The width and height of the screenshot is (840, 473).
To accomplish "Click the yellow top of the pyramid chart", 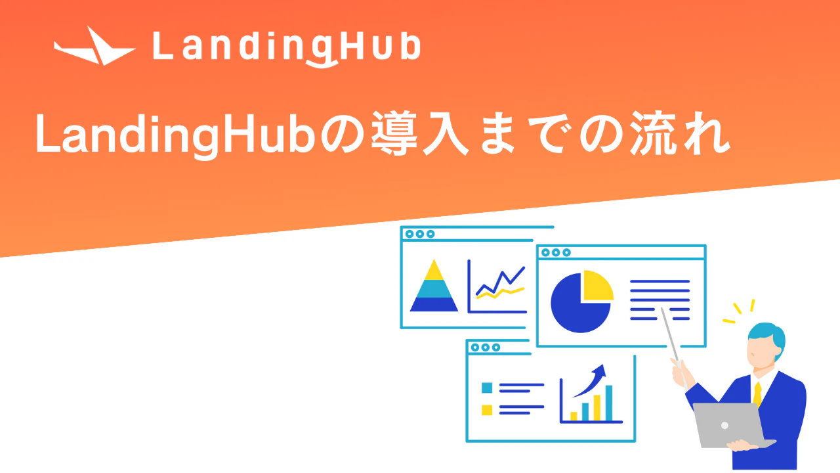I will [434, 271].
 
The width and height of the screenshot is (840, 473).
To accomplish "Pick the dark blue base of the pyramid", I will [434, 304].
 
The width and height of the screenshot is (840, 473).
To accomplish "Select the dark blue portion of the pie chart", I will [577, 309].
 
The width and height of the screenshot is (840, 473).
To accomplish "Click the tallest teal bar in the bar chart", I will [608, 403].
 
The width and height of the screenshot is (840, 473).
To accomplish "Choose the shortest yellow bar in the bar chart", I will [574, 416].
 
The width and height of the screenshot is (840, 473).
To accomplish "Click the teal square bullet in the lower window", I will [487, 388].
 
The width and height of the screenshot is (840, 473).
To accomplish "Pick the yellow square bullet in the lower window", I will [487, 410].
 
